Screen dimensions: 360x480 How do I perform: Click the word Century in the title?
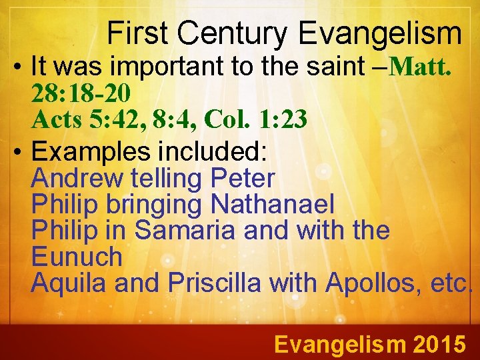(x=233, y=33)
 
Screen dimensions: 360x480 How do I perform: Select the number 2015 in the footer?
(x=439, y=344)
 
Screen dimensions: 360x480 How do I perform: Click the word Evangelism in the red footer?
(x=340, y=344)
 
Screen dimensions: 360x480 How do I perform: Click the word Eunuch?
(x=77, y=257)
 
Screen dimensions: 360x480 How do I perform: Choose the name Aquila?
(x=69, y=283)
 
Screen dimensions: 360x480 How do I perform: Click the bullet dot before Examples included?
(x=17, y=153)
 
